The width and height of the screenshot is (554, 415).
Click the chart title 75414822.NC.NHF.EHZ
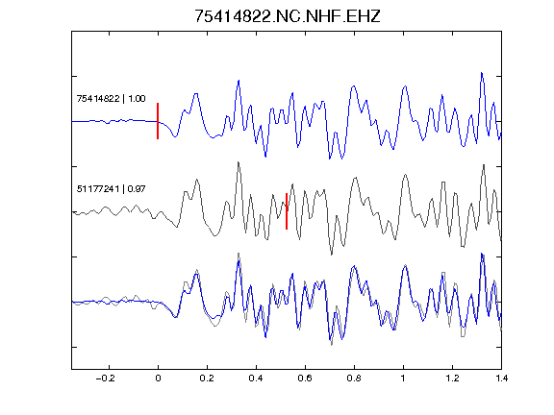(x=288, y=16)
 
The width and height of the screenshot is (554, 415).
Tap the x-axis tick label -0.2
(x=105, y=378)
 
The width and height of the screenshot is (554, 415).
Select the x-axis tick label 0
(x=158, y=378)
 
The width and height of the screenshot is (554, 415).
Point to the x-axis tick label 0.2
(x=207, y=378)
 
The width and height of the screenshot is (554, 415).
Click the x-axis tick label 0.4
(x=256, y=378)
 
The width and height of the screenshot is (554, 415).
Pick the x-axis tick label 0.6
(x=305, y=378)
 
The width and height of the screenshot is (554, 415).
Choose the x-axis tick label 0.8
(x=354, y=378)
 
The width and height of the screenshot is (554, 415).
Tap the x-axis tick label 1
(x=403, y=378)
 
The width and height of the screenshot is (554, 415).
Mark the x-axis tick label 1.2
(x=452, y=378)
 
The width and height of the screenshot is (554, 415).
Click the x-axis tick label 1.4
(x=501, y=378)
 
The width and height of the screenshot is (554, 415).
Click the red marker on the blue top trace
(x=158, y=121)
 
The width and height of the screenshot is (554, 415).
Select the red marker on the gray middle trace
(x=287, y=211)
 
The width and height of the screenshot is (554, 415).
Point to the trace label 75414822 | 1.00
(x=111, y=98)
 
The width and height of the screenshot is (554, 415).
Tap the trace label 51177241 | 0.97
(x=111, y=189)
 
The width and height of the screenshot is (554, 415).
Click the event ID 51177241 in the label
(x=98, y=189)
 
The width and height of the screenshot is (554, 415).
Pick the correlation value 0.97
(x=137, y=189)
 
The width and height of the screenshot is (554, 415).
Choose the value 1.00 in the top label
(x=137, y=98)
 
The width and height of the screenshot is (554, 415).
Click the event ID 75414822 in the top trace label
(x=98, y=98)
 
